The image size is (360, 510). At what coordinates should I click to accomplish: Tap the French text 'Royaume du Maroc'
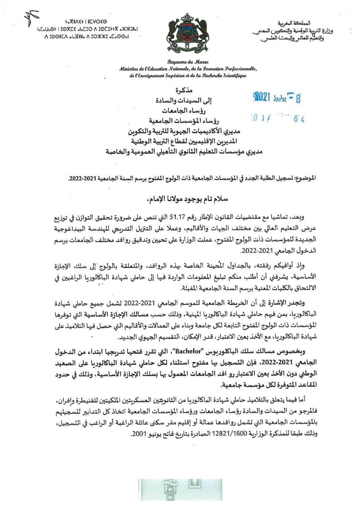180,62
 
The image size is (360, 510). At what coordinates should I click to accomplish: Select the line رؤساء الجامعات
181,110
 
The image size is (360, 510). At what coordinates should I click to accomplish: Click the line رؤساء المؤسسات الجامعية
181,121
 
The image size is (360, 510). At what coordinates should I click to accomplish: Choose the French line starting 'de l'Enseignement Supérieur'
180,76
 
